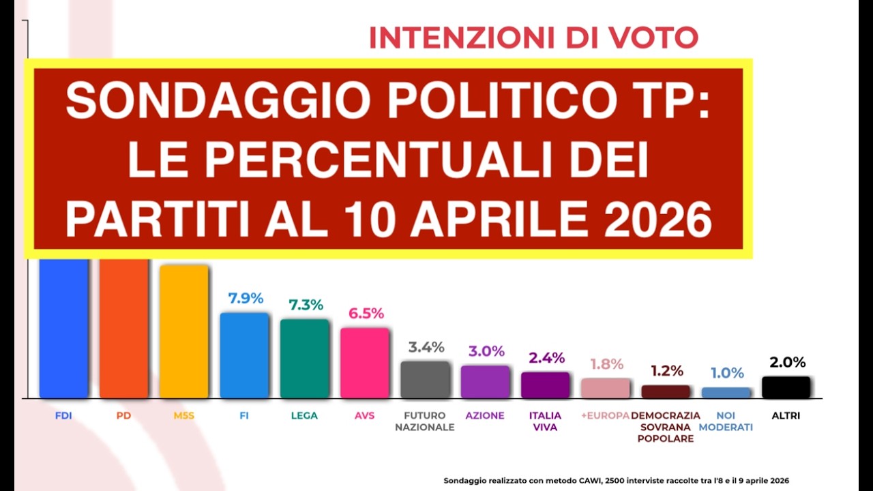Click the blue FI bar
pyautogui.click(x=244, y=355)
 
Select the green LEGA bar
pyautogui.click(x=304, y=358)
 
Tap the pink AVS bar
pyautogui.click(x=364, y=363)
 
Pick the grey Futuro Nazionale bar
pyautogui.click(x=425, y=380)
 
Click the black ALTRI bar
pyautogui.click(x=786, y=387)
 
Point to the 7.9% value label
pyautogui.click(x=246, y=299)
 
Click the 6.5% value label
pyautogui.click(x=366, y=314)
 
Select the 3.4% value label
pyautogui.click(x=426, y=347)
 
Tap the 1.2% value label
pyautogui.click(x=666, y=371)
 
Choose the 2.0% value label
pyautogui.click(x=788, y=363)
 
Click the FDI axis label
pyautogui.click(x=63, y=415)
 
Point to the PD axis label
pyautogui.click(x=123, y=415)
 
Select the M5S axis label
pyautogui.click(x=183, y=415)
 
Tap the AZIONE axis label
pyautogui.click(x=485, y=415)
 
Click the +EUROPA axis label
pyautogui.click(x=605, y=415)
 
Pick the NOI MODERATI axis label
pyautogui.click(x=726, y=421)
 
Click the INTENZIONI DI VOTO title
pyautogui.click(x=533, y=38)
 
